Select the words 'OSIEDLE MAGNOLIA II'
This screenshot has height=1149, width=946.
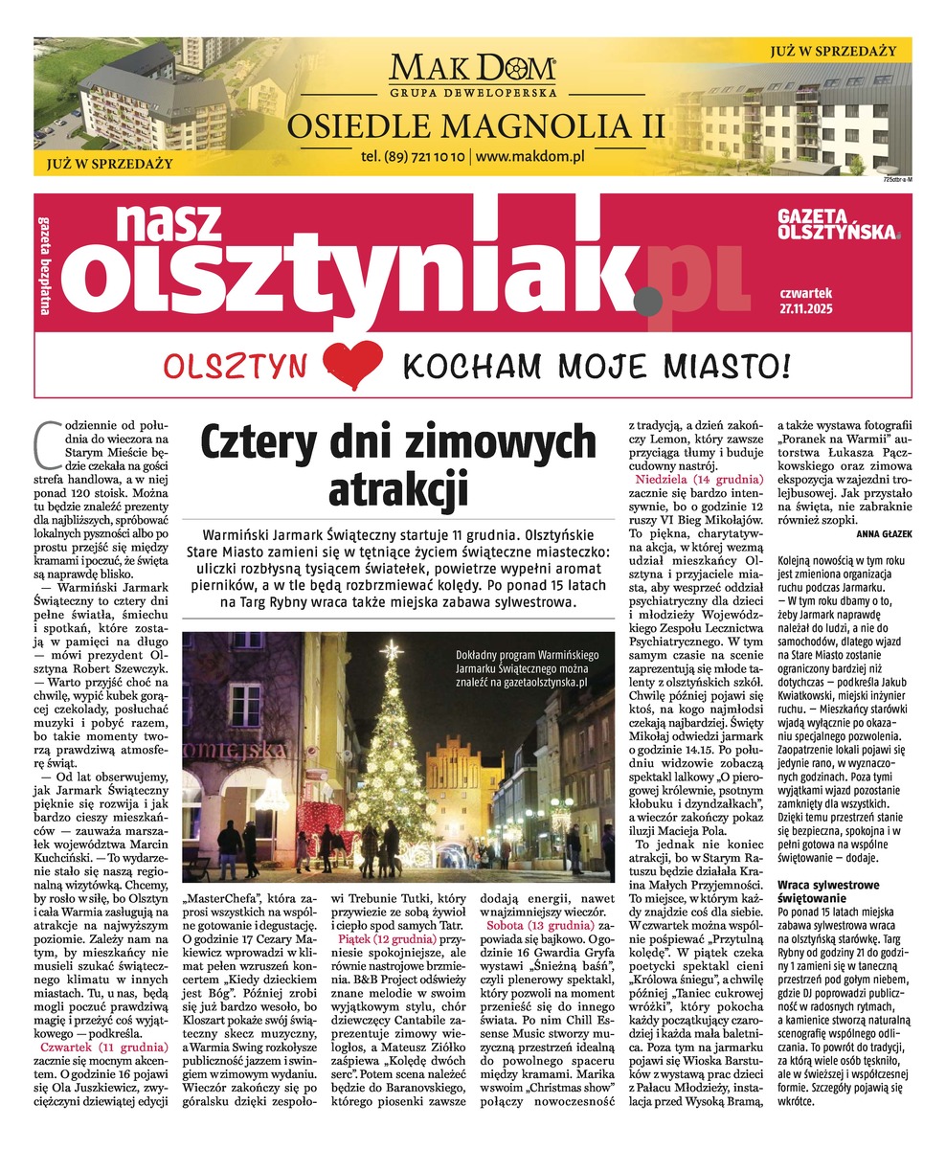pyautogui.click(x=472, y=124)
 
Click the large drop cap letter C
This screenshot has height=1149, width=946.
pyautogui.click(x=44, y=439)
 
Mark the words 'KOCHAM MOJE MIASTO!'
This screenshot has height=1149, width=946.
pyautogui.click(x=596, y=365)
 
